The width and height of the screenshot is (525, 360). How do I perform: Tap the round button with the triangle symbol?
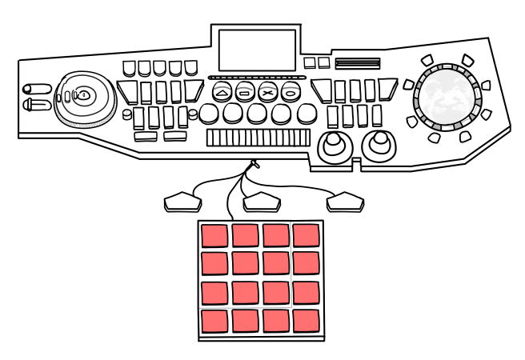(x=222, y=92)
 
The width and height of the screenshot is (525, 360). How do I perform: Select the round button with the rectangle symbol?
(x=245, y=92)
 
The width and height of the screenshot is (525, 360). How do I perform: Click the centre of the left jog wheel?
(x=83, y=95)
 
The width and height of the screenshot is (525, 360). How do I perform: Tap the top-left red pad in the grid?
(x=214, y=235)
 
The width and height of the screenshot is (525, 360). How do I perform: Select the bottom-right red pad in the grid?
(x=306, y=322)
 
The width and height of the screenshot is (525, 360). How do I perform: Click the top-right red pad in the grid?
(x=306, y=235)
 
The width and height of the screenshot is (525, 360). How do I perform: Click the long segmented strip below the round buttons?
(x=258, y=138)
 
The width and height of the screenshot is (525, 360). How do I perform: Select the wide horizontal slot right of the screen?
(x=356, y=64)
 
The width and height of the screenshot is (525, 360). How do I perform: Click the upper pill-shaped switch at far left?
(x=37, y=89)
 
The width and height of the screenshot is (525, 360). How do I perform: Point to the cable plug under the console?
(x=254, y=164)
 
